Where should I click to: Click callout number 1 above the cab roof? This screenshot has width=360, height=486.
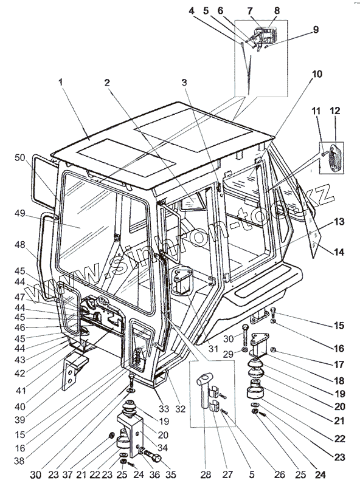tap(61, 82)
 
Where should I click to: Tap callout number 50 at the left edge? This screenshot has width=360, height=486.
tap(20, 157)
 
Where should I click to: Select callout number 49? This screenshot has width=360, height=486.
tap(20, 214)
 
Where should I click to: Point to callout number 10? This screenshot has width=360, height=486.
tap(317, 74)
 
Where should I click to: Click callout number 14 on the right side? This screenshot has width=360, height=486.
tap(339, 252)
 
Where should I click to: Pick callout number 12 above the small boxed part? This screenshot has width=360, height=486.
tap(335, 111)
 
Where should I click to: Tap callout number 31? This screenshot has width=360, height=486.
tap(213, 349)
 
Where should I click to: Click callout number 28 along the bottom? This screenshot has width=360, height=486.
tap(206, 474)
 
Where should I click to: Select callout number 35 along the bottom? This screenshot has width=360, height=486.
tap(171, 474)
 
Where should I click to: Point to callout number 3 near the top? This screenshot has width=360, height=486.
tap(184, 83)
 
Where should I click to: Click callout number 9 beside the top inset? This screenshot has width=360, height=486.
tap(316, 29)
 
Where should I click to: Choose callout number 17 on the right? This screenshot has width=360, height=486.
tap(339, 364)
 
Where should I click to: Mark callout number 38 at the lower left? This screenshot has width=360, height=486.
tap(19, 461)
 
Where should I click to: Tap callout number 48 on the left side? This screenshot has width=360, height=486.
tap(20, 245)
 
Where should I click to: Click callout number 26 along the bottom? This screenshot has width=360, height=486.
tap(279, 474)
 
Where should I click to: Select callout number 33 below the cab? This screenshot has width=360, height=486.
tap(164, 408)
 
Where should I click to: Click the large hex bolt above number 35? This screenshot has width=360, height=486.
tap(153, 456)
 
